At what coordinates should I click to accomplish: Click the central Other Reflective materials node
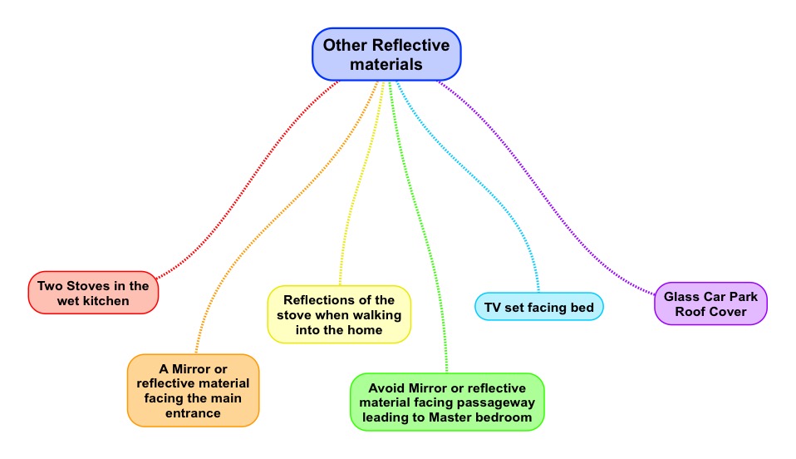pos(386,54)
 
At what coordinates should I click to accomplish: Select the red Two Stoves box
pos(93,293)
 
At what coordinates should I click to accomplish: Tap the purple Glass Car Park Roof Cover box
pos(710,304)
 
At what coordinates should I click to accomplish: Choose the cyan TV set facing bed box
pos(538,308)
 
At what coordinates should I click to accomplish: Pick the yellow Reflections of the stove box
pos(339,314)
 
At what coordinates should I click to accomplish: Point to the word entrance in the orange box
pos(193,412)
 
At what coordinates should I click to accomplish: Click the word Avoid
pos(386,388)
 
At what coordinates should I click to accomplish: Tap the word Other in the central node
pos(345,45)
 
